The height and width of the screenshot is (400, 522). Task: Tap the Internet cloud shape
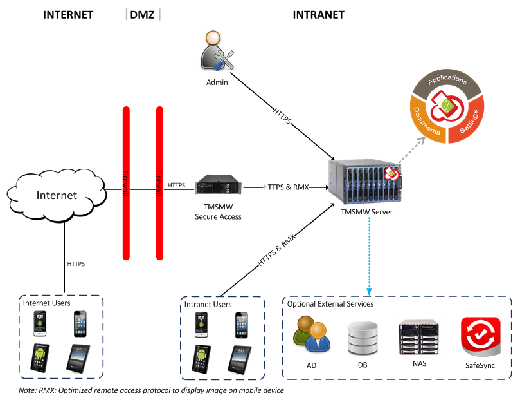[x=57, y=195]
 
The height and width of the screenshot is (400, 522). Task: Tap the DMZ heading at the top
[x=143, y=15]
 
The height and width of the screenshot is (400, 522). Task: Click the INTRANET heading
[x=318, y=15]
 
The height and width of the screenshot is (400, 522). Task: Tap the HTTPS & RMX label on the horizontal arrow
[x=286, y=187]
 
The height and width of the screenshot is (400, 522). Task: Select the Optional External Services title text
[x=330, y=303]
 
